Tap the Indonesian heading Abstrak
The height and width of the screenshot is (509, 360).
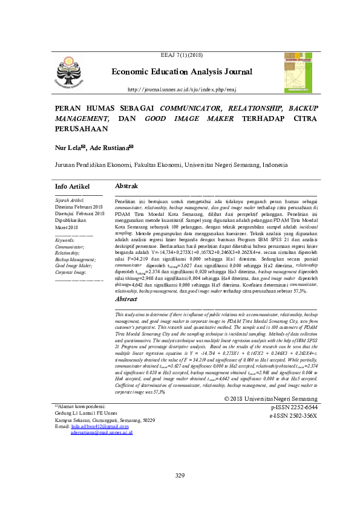127,186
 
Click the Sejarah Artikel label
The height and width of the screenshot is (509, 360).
70,199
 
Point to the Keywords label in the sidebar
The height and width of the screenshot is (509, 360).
66,240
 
